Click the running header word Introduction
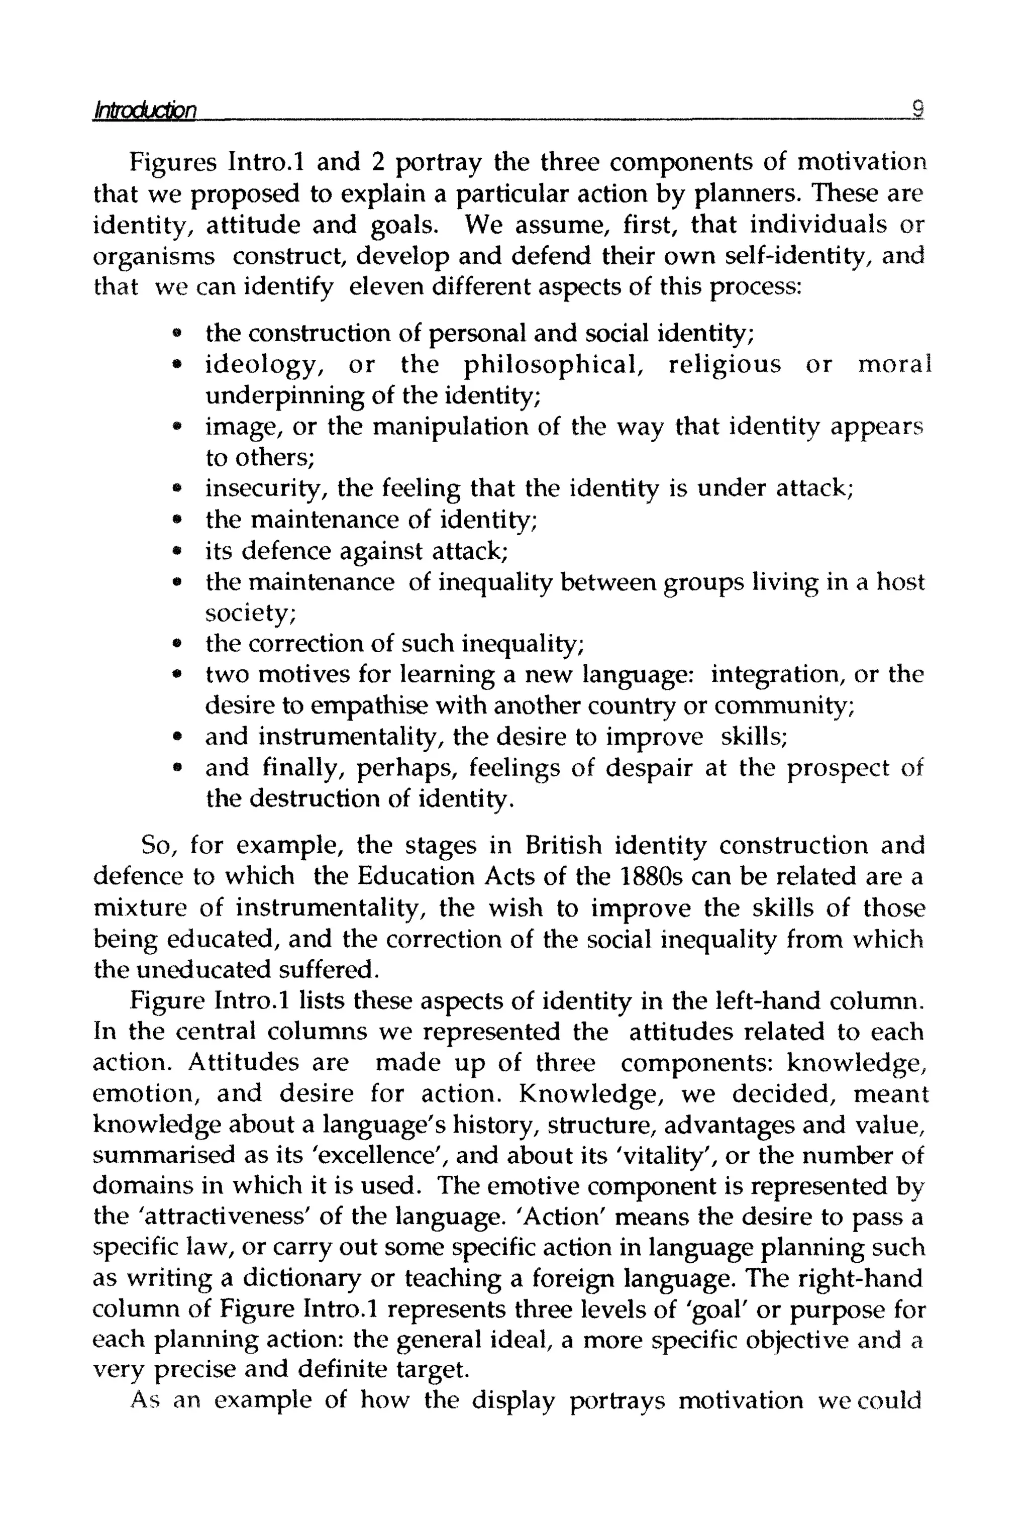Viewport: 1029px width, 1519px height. click(145, 110)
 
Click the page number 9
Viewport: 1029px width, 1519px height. click(917, 108)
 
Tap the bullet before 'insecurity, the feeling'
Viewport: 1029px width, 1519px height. click(176, 488)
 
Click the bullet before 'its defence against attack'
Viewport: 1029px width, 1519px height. click(176, 551)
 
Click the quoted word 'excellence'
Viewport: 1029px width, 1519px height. click(377, 1156)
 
